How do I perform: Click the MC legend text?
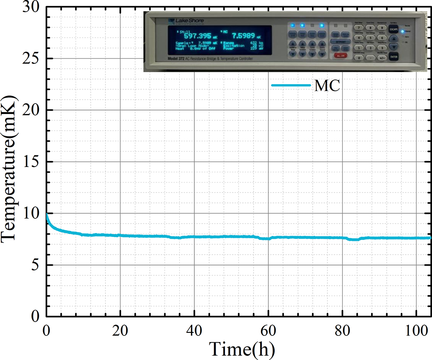tap(327, 85)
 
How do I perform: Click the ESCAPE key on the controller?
tap(392, 29)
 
